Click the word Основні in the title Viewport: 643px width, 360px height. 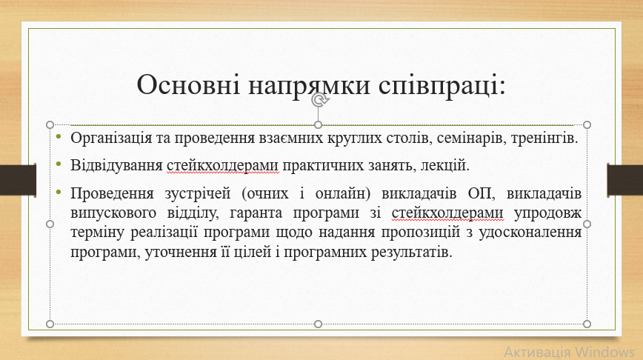(188, 84)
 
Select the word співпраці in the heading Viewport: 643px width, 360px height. (442, 86)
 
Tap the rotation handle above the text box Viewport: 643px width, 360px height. (319, 99)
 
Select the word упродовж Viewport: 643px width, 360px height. (547, 213)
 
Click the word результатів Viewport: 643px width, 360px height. (411, 252)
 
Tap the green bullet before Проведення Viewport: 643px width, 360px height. (59, 192)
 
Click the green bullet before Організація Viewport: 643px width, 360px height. (59, 136)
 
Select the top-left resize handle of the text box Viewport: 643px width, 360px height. (50, 124)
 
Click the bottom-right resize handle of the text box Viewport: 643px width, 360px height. (587, 324)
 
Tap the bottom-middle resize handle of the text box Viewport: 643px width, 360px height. (319, 324)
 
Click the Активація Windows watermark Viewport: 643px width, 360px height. (569, 352)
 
